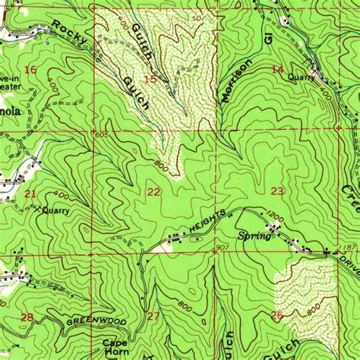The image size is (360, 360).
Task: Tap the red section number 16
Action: [30, 70]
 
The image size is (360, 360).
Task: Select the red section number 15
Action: [150, 79]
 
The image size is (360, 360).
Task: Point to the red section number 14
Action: [277, 69]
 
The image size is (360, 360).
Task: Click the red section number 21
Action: [30, 194]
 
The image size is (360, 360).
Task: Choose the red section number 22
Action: [153, 191]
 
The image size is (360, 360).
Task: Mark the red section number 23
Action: [277, 191]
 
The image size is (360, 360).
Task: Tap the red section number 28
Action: [27, 316]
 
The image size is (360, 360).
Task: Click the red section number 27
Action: [153, 315]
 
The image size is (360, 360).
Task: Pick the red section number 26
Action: [276, 314]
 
